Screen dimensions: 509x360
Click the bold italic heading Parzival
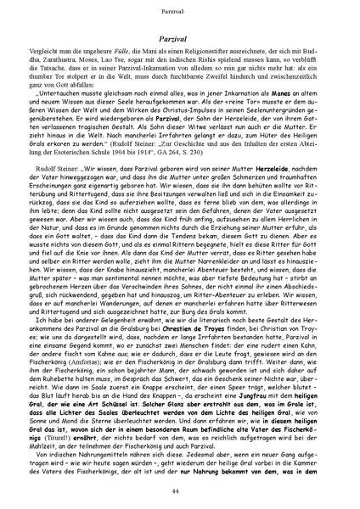pyautogui.click(x=179, y=39)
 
